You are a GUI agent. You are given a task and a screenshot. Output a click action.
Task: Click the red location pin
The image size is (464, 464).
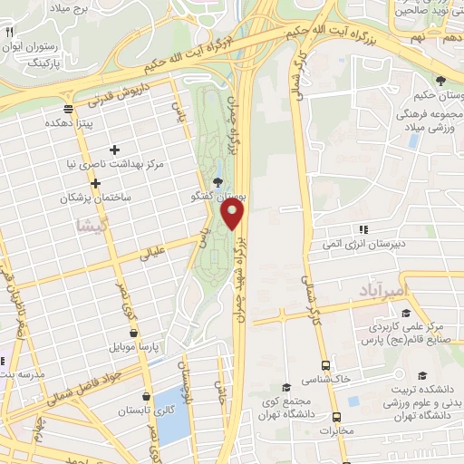pos(233,215)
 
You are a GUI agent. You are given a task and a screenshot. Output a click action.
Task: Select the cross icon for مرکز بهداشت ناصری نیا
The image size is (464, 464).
pos(114,150)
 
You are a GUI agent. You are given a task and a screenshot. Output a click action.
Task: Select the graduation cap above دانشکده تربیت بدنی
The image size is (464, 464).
pos(421,374)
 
